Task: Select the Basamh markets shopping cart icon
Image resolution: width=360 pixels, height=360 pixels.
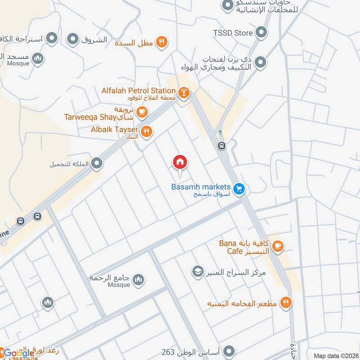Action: (x=239, y=189)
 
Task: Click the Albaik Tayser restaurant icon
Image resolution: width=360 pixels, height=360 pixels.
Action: (x=146, y=132)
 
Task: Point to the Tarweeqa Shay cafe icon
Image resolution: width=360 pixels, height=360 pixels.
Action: (x=142, y=112)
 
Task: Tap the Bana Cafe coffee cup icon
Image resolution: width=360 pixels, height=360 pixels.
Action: (x=278, y=246)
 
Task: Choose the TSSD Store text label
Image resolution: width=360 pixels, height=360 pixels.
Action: (x=233, y=32)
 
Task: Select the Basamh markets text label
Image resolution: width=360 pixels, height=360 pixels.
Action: (x=201, y=187)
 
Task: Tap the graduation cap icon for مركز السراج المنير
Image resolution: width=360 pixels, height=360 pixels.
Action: (x=197, y=271)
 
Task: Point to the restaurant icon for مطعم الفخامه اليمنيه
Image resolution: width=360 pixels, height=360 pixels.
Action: (x=285, y=302)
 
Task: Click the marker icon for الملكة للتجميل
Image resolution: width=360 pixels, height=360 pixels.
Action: (x=96, y=164)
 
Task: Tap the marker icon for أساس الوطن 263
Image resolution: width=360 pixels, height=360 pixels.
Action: (x=229, y=351)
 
